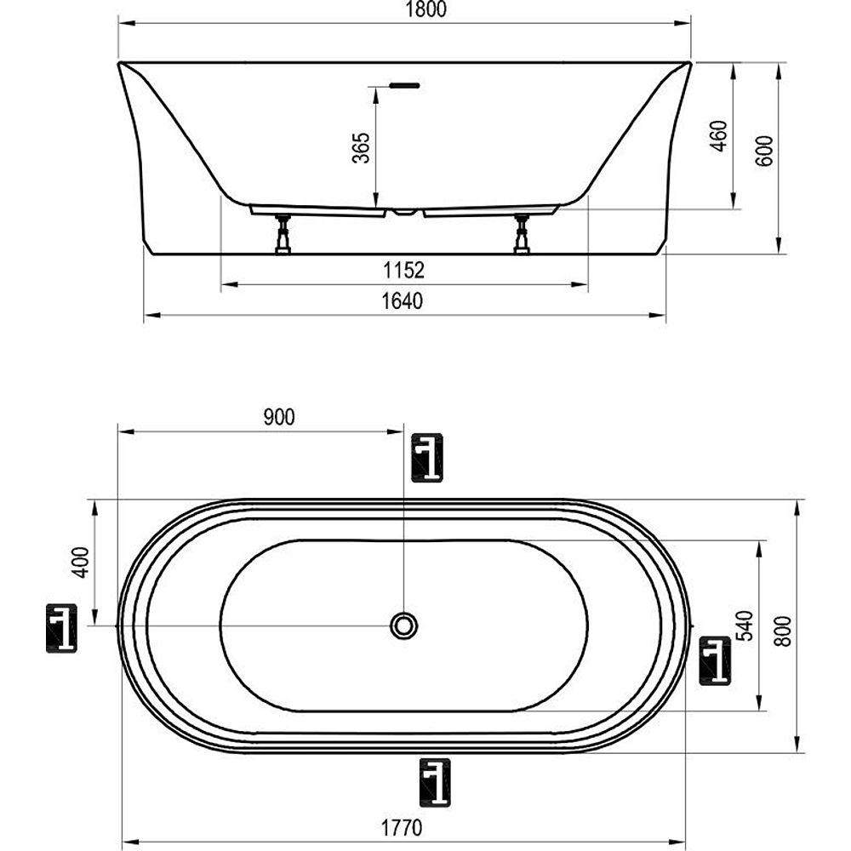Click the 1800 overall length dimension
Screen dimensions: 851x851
(426, 9)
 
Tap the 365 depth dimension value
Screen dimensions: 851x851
(361, 147)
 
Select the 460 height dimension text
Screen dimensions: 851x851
(718, 135)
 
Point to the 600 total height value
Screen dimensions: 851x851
(763, 151)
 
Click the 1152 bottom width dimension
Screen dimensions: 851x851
(403, 270)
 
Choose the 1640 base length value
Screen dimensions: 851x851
(403, 300)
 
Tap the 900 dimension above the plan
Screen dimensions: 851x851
(279, 417)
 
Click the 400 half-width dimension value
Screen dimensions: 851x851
(80, 562)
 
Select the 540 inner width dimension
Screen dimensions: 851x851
(745, 625)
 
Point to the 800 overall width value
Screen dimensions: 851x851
(782, 631)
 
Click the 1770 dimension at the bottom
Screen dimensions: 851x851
(401, 828)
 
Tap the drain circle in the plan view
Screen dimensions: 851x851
(403, 625)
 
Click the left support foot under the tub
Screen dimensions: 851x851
(283, 235)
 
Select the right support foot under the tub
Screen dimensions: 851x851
(522, 235)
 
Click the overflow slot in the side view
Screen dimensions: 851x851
(404, 85)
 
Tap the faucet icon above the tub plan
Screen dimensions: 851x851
(427, 458)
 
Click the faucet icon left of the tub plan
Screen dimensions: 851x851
(61, 628)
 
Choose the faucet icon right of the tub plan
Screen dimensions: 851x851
(715, 660)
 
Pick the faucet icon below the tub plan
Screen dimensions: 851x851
(435, 783)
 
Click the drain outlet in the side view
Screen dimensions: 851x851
(403, 212)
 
